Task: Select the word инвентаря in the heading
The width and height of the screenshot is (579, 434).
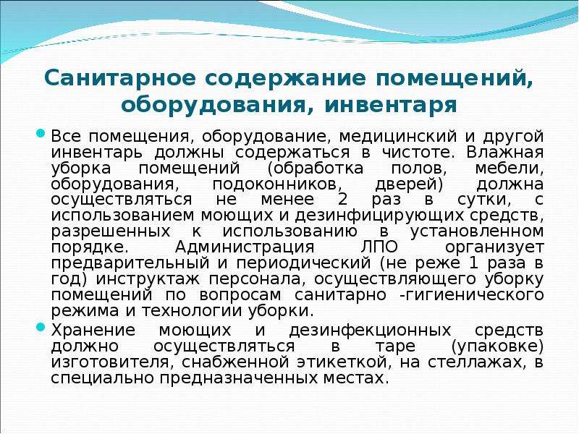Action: (391, 106)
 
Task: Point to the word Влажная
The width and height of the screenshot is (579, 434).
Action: (504, 152)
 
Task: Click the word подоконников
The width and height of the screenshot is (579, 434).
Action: (274, 184)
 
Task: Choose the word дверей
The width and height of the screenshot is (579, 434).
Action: (409, 184)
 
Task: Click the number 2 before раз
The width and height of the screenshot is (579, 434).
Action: (342, 200)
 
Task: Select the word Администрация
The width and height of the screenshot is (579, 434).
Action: (245, 247)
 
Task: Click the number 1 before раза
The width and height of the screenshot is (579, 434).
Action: (473, 263)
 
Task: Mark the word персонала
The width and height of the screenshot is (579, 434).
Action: (258, 279)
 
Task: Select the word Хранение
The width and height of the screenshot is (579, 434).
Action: (93, 330)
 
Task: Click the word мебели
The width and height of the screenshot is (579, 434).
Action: (510, 169)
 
